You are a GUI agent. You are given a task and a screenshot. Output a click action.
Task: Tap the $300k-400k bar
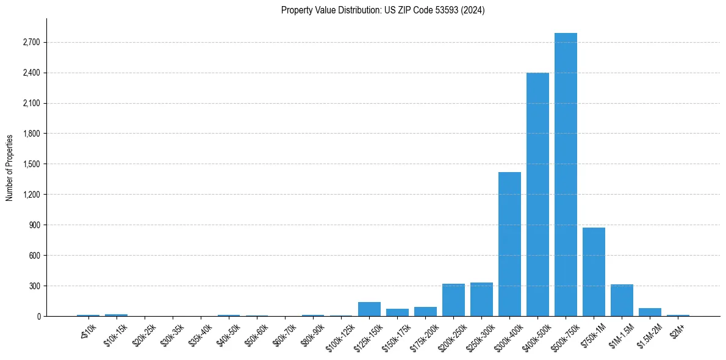(x=509, y=244)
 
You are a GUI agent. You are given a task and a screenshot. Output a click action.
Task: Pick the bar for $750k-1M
(x=594, y=272)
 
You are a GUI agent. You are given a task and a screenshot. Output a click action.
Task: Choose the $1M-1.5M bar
(x=622, y=300)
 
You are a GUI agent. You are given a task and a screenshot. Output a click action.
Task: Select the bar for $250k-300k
(x=481, y=300)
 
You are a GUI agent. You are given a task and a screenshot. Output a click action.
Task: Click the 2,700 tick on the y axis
(x=31, y=42)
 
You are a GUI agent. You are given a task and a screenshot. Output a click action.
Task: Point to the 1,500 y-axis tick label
(x=31, y=164)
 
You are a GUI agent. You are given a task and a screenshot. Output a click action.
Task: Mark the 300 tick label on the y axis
(x=34, y=286)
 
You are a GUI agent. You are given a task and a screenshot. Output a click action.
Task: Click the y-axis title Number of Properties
(x=9, y=168)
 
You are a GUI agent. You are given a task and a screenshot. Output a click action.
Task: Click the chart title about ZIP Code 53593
(x=383, y=10)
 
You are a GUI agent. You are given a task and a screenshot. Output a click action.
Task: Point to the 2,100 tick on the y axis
(x=31, y=103)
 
